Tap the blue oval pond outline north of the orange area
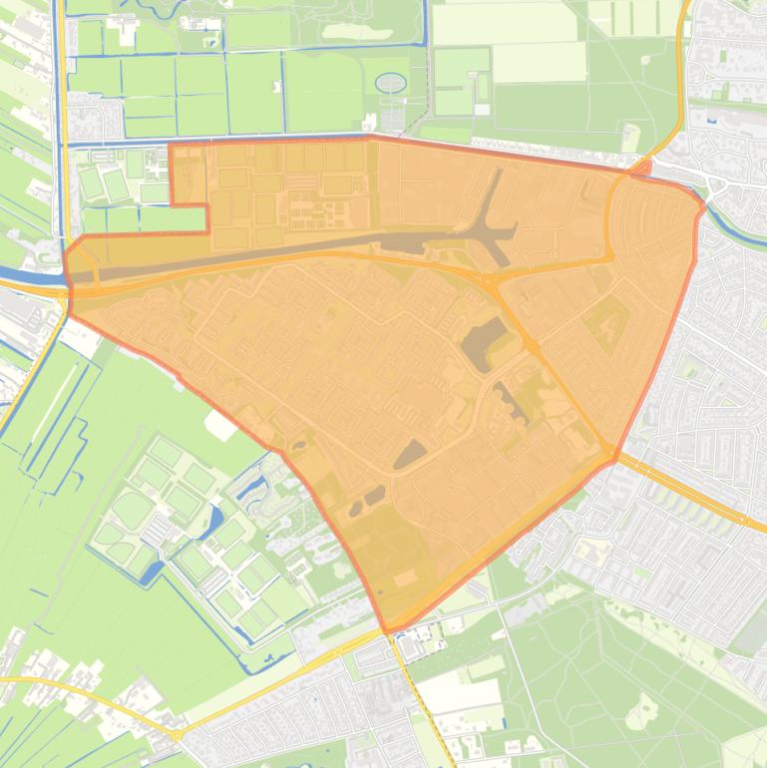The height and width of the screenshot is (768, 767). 391,82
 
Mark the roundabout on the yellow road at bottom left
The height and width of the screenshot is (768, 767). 177,735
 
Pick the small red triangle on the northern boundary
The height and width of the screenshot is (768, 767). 641,169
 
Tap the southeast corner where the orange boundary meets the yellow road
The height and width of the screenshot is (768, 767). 611,458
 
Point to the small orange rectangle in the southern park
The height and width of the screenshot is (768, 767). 405,578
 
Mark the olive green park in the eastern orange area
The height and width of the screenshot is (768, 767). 605,324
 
